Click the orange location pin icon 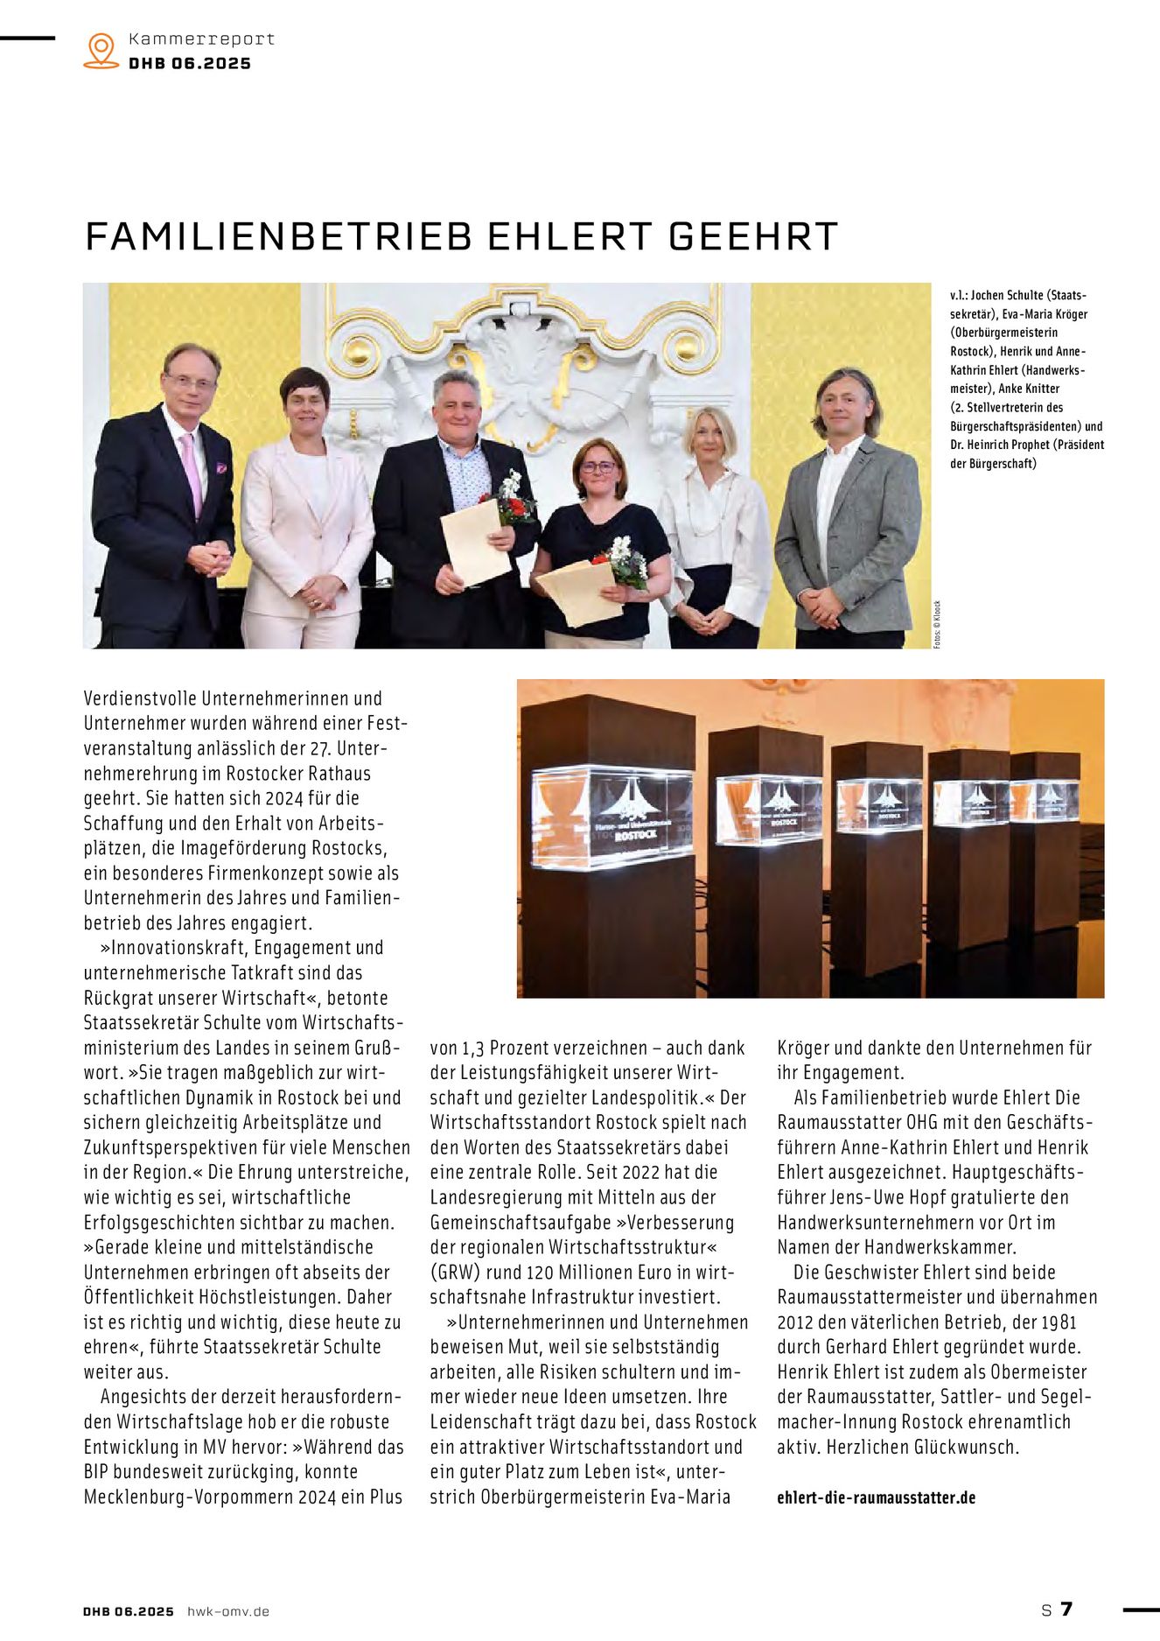pos(101,50)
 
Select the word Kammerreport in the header pos(201,39)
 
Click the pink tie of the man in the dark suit pos(192,473)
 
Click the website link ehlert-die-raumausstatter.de pos(876,1497)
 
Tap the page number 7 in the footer pos(1066,1609)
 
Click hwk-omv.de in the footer pos(228,1611)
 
